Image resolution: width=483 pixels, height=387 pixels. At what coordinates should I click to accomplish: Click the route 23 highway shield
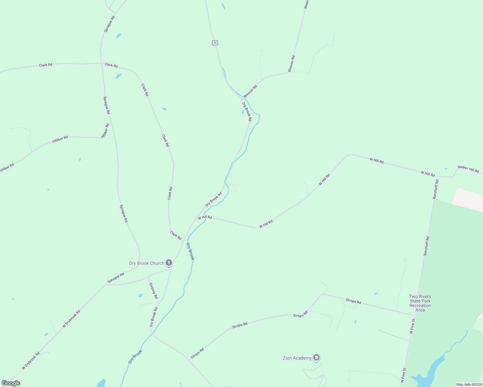click(215, 43)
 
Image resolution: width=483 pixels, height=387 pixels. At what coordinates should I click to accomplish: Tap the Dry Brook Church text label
click(147, 263)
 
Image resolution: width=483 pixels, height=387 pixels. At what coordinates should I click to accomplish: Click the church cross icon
click(169, 263)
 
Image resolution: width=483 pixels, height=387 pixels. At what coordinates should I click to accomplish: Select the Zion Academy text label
click(297, 358)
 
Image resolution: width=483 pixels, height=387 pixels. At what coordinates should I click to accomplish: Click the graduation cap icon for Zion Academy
click(316, 358)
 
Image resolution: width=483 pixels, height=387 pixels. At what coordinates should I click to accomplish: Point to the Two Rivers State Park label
click(420, 303)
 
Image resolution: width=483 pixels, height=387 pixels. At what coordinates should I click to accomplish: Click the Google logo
click(11, 383)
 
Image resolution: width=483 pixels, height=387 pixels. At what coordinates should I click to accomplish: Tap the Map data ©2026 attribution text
click(469, 384)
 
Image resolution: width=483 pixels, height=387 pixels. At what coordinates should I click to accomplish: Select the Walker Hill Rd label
click(468, 169)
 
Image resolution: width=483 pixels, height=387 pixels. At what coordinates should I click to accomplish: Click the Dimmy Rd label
click(153, 291)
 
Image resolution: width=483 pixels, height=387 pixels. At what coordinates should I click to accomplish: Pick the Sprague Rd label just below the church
click(116, 278)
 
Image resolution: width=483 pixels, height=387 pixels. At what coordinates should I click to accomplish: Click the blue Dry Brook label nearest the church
click(190, 251)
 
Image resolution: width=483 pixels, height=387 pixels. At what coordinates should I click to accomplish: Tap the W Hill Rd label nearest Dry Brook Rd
click(205, 217)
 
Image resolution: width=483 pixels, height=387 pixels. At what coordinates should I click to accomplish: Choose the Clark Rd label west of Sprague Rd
click(46, 65)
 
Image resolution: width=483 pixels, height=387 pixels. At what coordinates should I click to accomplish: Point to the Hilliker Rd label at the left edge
click(6, 168)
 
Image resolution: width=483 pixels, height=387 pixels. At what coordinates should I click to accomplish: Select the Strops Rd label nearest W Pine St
click(353, 301)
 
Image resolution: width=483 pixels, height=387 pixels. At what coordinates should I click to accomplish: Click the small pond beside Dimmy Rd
click(140, 295)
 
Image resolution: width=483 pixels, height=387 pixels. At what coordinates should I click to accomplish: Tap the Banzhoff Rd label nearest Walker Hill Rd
click(436, 189)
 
